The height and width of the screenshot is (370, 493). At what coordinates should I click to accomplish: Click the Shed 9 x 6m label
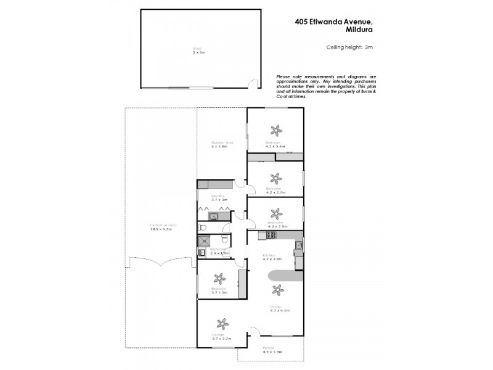pos(197,51)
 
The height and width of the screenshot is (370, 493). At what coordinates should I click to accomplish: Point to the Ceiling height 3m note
pos(349,47)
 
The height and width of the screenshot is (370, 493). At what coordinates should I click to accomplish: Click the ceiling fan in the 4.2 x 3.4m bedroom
pos(275,130)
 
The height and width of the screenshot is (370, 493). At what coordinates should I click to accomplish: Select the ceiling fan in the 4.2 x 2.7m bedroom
pos(275,178)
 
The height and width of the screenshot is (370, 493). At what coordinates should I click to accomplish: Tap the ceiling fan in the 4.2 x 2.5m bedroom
pos(275,214)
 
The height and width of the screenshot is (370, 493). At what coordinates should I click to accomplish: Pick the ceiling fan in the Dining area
pos(276,289)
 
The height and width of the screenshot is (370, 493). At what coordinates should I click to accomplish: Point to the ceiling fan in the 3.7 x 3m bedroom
pos(218,279)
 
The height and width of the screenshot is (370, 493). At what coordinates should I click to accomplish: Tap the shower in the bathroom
pos(204,240)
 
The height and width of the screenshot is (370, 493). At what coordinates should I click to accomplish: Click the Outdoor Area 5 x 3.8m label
pos(220,144)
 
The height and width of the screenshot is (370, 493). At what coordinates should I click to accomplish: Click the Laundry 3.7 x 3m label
pos(219,198)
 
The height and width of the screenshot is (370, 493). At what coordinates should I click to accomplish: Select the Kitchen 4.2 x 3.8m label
pos(272,257)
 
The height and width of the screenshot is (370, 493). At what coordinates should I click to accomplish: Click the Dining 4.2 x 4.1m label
pos(279,308)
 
